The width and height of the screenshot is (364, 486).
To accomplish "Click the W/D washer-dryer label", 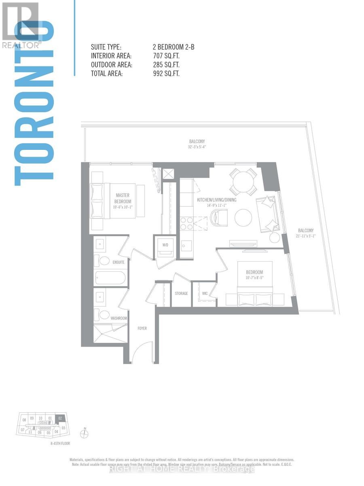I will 165,245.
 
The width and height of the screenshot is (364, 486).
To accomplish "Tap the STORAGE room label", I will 182,293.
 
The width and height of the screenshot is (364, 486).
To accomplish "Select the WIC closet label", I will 205,293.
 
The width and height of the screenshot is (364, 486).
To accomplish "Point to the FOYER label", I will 142,328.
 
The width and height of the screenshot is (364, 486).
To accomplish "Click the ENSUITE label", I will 119,262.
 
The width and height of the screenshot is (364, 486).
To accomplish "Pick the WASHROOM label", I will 119,318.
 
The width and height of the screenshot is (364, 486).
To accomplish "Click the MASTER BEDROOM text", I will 123,198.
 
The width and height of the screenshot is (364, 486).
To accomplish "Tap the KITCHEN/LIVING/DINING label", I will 217,200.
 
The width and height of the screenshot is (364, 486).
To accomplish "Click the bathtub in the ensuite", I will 110,278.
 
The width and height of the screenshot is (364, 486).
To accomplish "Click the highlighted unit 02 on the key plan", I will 60,418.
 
